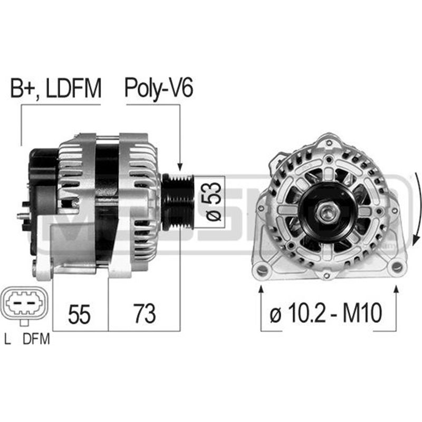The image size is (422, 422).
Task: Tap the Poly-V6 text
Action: tap(158, 89)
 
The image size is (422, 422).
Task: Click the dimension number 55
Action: tap(80, 314)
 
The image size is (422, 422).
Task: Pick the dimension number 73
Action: tap(143, 314)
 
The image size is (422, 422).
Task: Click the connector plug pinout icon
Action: tap(26, 304)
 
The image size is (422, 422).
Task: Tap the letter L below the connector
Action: tap(7, 340)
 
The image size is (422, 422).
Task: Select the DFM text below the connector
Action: tap(36, 340)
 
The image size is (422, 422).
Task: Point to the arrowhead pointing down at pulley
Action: tap(180, 167)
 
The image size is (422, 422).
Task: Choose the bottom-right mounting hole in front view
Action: tap(395, 267)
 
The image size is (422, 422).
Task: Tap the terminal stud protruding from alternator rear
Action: tap(22, 215)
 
